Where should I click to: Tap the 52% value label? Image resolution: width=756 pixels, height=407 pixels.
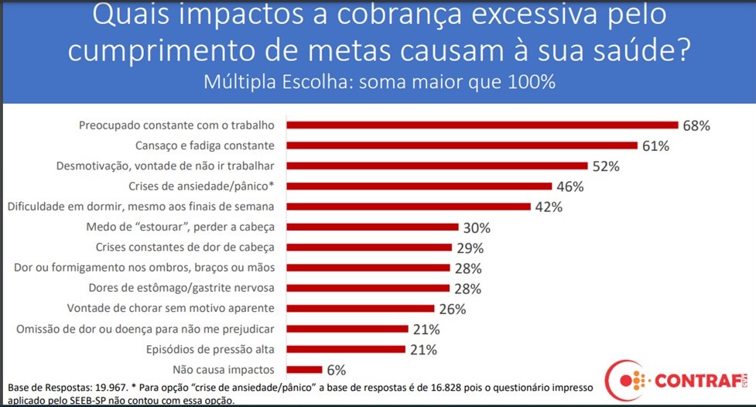point(606,166)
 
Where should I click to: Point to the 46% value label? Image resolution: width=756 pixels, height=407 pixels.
point(569,186)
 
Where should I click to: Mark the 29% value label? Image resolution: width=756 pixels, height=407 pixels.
point(469,248)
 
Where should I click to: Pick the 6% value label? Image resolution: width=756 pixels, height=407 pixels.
point(335,370)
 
